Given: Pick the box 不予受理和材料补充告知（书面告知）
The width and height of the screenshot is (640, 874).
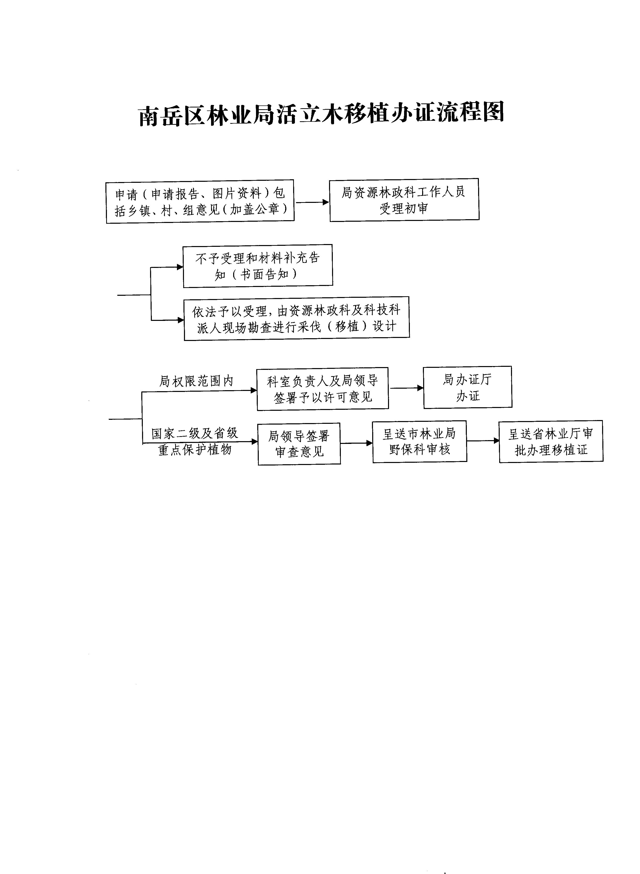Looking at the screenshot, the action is (258, 266).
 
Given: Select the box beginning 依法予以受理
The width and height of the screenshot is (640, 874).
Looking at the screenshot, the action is (297, 319).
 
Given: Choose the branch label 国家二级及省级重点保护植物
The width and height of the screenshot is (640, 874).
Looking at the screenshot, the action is (195, 441).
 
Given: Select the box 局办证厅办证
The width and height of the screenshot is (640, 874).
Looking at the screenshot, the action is (468, 387).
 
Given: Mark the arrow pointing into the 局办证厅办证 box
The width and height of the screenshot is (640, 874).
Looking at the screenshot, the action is (406, 388).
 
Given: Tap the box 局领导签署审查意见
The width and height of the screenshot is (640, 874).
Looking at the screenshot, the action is (299, 444).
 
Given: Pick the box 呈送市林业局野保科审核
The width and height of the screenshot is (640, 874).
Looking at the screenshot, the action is (420, 441).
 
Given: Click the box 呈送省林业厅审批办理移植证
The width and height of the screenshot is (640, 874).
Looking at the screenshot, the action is (551, 441).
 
